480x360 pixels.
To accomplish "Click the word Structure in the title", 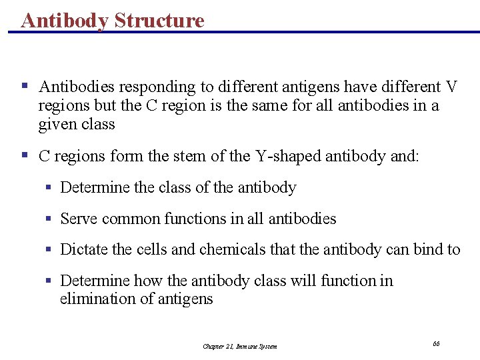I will point(159,20).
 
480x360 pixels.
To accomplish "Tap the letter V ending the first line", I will point(451,87).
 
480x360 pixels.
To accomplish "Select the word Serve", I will point(77,219).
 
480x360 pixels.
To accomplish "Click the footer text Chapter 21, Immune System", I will point(239,346).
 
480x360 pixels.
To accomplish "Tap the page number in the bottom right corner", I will point(436,343).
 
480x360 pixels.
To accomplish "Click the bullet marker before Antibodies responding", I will point(24,86).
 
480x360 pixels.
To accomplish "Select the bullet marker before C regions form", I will point(24,155).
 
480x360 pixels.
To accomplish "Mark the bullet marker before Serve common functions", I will point(49,219).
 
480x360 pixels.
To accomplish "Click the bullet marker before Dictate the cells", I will point(49,249).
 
